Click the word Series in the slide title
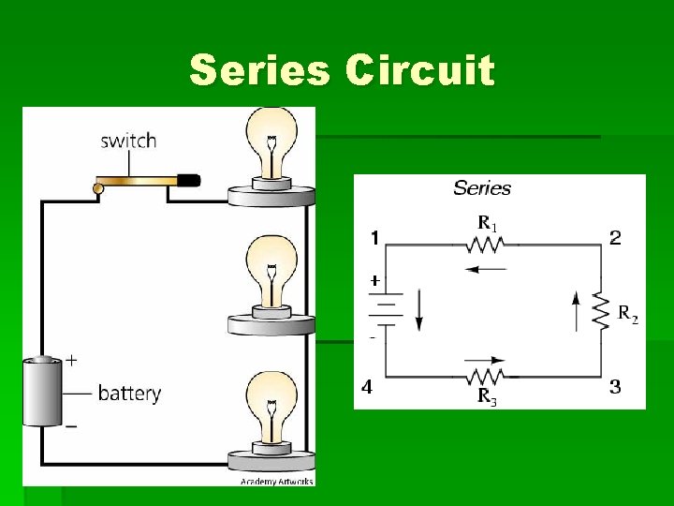(261, 71)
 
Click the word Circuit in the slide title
(419, 71)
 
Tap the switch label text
(128, 141)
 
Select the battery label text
(129, 393)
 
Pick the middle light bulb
(271, 272)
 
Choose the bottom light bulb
(271, 407)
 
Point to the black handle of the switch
(188, 179)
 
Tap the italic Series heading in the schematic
(482, 188)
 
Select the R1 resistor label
(488, 223)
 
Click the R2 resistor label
(628, 314)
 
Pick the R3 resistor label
(488, 397)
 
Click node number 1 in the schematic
(374, 238)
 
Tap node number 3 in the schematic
(615, 386)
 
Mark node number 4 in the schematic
(367, 386)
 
